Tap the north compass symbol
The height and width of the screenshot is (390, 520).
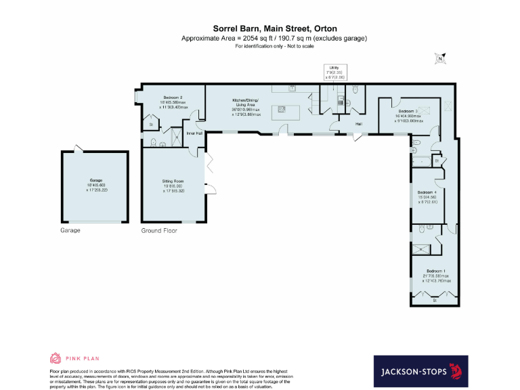pyautogui.click(x=441, y=59)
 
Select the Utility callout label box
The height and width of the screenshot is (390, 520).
pyautogui.click(x=334, y=72)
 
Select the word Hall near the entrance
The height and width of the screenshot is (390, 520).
pyautogui.click(x=359, y=124)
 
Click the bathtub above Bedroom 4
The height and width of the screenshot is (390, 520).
pyautogui.click(x=425, y=161)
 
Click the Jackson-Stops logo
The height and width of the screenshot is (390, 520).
pyautogui.click(x=420, y=371)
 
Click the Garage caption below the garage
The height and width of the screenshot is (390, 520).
pyautogui.click(x=70, y=230)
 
